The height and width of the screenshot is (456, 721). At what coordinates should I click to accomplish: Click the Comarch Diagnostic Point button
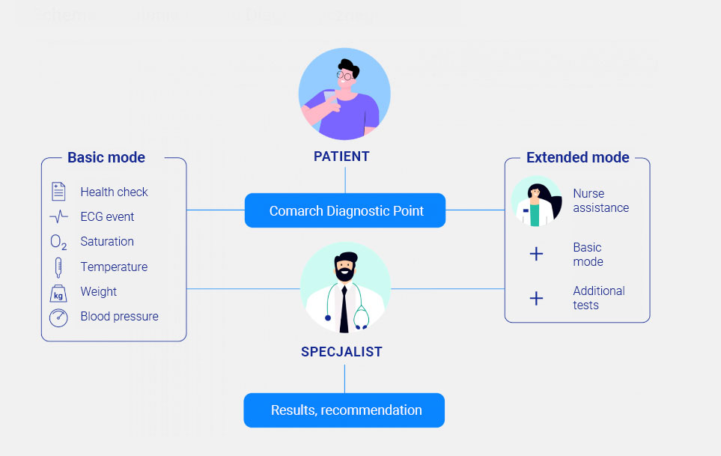click(345, 210)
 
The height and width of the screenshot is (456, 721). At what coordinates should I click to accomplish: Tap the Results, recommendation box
click(344, 410)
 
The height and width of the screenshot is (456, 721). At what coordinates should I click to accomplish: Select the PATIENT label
click(341, 156)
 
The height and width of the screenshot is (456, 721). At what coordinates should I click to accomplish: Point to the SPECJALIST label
click(341, 352)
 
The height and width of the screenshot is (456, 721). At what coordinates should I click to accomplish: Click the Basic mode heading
click(106, 157)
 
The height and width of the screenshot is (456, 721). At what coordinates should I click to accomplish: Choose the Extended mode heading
click(577, 157)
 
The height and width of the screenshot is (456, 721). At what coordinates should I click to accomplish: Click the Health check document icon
click(58, 192)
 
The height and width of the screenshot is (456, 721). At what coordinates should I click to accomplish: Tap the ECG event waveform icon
click(58, 217)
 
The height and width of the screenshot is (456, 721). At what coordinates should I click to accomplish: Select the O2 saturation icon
click(58, 242)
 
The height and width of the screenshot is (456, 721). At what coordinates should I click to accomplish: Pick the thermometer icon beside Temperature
click(58, 267)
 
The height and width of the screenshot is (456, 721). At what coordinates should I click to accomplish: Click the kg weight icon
click(58, 293)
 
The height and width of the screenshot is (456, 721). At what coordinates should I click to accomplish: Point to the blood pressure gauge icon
click(58, 317)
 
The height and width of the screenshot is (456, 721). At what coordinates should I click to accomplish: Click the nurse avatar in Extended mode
click(537, 201)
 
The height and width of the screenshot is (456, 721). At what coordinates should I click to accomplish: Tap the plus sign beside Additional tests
click(536, 298)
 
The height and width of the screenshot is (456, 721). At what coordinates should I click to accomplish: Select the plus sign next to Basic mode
click(536, 255)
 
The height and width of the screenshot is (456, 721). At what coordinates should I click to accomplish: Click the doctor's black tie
click(344, 307)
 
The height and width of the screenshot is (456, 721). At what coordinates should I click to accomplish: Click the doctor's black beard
click(344, 273)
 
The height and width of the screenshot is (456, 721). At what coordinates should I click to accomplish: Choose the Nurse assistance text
click(600, 201)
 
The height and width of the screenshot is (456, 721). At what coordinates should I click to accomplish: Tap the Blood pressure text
click(119, 317)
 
